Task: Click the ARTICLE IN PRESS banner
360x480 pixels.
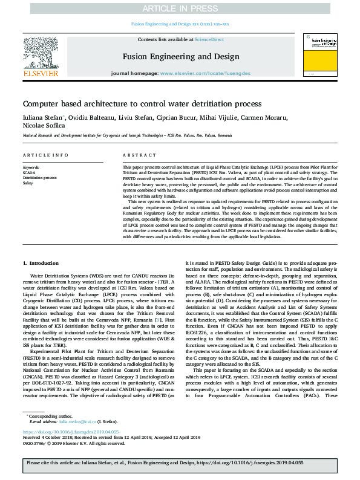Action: click(180, 8)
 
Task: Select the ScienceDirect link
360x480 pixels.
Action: click(212, 39)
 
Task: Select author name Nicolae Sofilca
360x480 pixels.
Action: click(43, 126)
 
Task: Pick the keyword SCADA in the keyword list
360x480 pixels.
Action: click(28, 172)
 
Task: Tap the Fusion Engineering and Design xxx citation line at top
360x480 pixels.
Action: click(180, 24)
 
